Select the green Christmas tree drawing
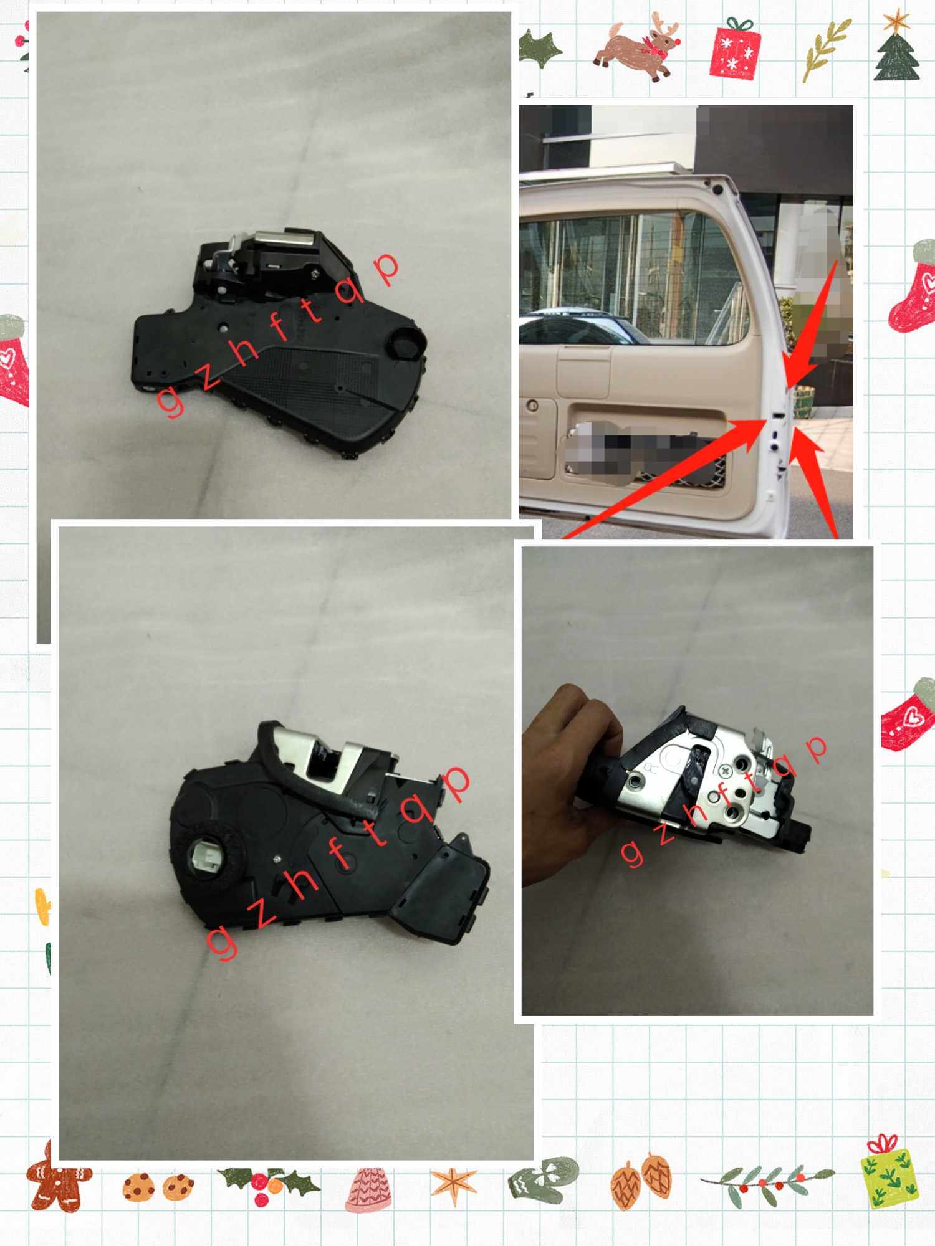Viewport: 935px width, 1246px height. click(896, 56)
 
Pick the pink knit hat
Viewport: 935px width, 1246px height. click(367, 1189)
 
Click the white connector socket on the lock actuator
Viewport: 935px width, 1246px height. click(203, 857)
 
